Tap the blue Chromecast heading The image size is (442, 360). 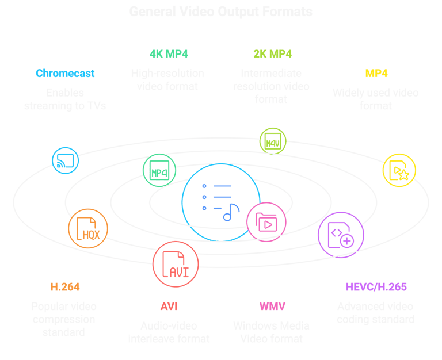coord(65,74)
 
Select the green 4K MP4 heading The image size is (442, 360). coord(169,55)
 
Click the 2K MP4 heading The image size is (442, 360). coord(272,55)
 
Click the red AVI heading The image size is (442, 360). coord(169,306)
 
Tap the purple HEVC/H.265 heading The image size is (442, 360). coord(376,286)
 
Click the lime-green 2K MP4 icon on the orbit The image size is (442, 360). coord(272,141)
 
